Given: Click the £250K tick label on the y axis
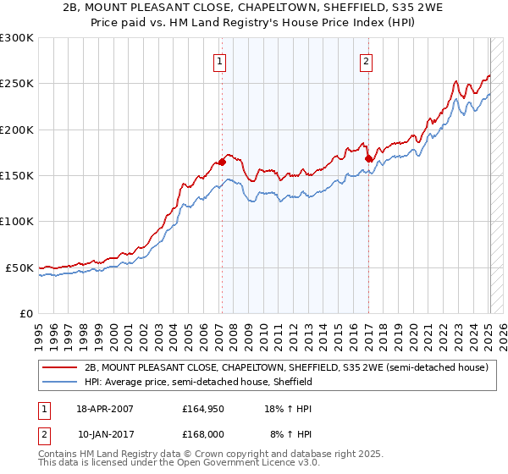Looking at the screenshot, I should [16, 84].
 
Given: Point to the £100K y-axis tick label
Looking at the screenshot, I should [16, 222].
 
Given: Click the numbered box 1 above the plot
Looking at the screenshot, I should [220, 60].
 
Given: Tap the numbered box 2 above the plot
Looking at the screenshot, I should [367, 60].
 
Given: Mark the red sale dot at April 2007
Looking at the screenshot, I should [222, 161].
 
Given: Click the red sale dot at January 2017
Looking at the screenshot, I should [368, 158].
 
